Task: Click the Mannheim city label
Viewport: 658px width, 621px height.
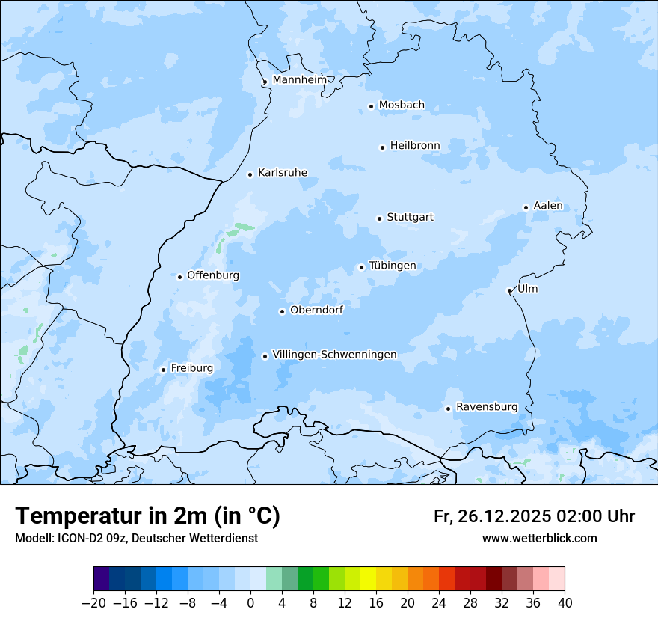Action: (x=299, y=79)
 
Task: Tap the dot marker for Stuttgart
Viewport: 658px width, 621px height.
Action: (x=379, y=218)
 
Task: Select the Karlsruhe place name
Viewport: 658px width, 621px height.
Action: (x=282, y=173)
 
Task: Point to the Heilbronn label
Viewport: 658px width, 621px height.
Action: (x=415, y=145)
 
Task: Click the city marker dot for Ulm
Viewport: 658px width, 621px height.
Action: (x=509, y=290)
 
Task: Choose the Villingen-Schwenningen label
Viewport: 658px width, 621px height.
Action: (x=334, y=355)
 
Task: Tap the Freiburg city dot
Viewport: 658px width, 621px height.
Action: (x=163, y=370)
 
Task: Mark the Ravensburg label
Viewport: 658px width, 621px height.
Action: (x=487, y=407)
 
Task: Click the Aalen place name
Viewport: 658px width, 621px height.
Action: (x=548, y=206)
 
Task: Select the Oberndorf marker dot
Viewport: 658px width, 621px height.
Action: (x=282, y=311)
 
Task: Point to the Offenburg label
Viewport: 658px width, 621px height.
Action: (x=213, y=275)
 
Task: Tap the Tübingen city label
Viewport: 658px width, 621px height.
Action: (x=393, y=266)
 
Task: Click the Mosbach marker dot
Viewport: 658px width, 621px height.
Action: (x=371, y=106)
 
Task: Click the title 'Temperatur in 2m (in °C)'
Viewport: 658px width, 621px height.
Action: (x=148, y=516)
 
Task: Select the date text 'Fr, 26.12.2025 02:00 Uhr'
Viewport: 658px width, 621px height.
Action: (x=534, y=516)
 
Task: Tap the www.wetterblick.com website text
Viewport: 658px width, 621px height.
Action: (x=539, y=538)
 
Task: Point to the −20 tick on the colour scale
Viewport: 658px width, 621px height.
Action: (x=94, y=602)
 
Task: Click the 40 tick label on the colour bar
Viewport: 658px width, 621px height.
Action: (x=565, y=602)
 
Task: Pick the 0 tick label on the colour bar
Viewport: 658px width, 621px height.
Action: (x=250, y=602)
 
